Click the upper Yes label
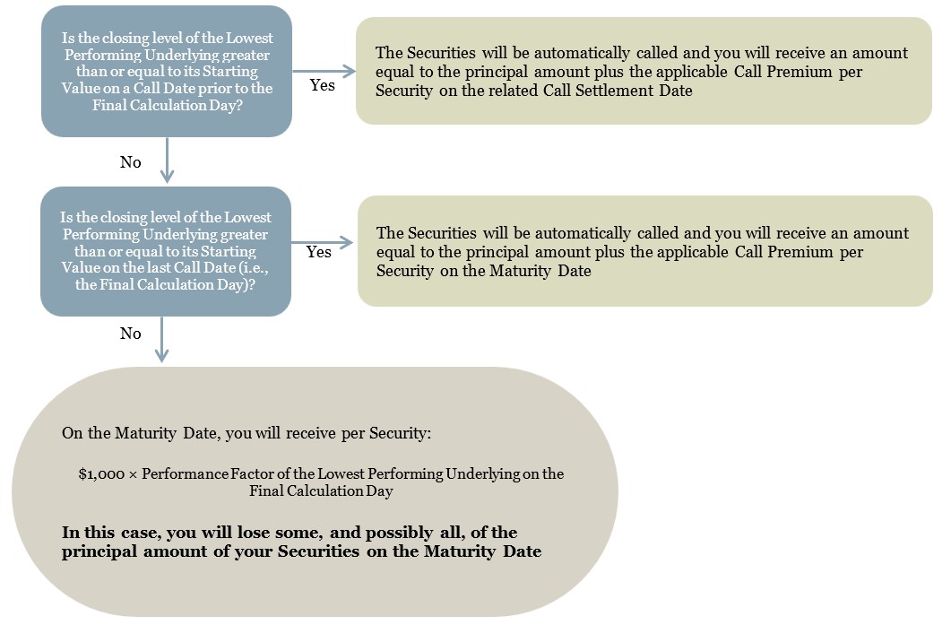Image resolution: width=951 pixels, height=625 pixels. (322, 85)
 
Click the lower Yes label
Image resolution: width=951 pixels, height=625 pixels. (318, 252)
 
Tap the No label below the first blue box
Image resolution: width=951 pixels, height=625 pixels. (130, 162)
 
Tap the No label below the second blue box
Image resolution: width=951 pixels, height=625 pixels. (130, 334)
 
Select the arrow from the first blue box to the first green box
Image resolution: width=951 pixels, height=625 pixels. (324, 71)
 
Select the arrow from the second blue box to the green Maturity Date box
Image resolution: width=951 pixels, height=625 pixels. (322, 243)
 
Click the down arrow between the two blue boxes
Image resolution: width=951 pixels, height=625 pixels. (167, 161)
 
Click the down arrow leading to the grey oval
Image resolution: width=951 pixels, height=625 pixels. (161, 339)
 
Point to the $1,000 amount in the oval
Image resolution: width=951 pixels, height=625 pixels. (101, 474)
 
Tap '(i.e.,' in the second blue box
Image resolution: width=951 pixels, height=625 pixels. (254, 267)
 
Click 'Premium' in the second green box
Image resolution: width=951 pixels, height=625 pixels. (800, 252)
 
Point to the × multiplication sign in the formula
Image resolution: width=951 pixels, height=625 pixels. (133, 474)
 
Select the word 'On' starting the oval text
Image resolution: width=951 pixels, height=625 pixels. (72, 433)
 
